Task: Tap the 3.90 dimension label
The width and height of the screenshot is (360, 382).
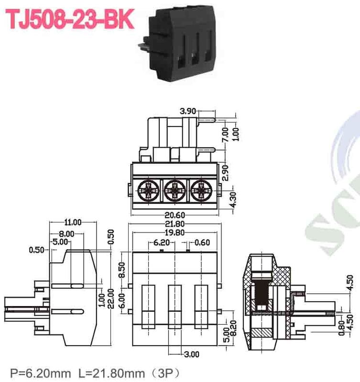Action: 188,111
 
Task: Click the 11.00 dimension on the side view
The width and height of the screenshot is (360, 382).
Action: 73,222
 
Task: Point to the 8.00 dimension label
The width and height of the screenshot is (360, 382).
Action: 67,234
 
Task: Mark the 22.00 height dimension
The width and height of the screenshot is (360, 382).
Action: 110,299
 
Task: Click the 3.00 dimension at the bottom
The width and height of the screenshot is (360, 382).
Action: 192,354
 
